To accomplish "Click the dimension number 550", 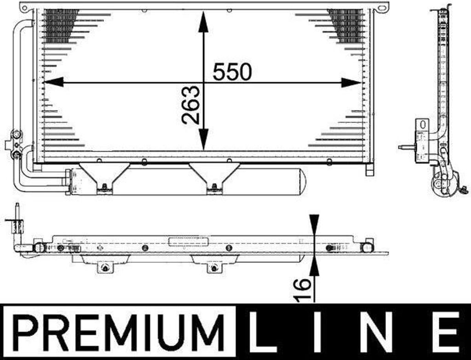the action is [232, 71].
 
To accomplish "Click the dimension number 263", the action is [191, 105].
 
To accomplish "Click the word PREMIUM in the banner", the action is [119, 332].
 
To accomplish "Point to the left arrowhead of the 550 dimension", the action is [53, 82].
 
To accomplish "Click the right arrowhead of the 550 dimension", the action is [351, 82].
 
